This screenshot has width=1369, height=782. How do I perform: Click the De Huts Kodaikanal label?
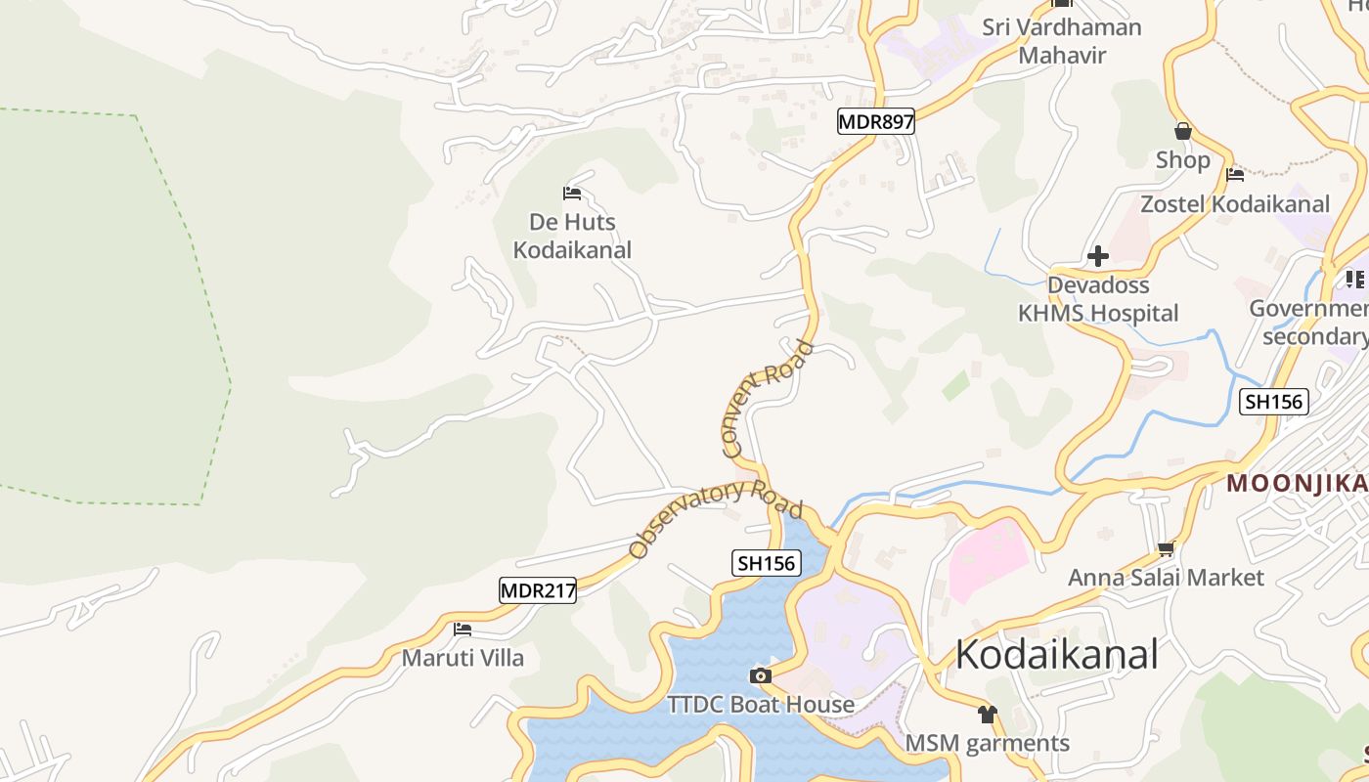(x=573, y=237)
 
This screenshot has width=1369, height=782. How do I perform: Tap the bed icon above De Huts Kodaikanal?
(x=573, y=193)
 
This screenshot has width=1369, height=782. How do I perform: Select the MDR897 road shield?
(x=876, y=122)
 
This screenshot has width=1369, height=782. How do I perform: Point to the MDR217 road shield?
(x=538, y=590)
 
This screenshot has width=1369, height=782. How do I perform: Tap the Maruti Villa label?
(x=464, y=658)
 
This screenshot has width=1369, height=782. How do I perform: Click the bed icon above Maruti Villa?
(x=463, y=629)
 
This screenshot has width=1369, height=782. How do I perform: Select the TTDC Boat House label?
(x=761, y=705)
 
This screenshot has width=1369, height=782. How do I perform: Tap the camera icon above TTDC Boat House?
(x=760, y=675)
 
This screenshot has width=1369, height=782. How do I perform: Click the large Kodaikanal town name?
(x=1056, y=654)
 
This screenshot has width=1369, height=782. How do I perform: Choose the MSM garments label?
(x=987, y=744)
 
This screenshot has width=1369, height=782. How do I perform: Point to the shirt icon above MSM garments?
(x=987, y=715)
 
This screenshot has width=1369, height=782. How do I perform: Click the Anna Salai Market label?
(x=1166, y=578)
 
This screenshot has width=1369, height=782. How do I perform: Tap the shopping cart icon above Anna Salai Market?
(x=1166, y=549)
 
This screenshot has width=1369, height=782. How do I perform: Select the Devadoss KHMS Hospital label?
(x=1098, y=299)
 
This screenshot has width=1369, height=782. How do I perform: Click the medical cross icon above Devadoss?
(x=1098, y=256)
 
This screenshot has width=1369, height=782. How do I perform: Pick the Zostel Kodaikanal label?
(x=1235, y=204)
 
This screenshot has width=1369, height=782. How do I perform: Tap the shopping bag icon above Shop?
(x=1183, y=130)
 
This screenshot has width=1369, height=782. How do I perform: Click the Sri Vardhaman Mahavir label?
(x=1062, y=41)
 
